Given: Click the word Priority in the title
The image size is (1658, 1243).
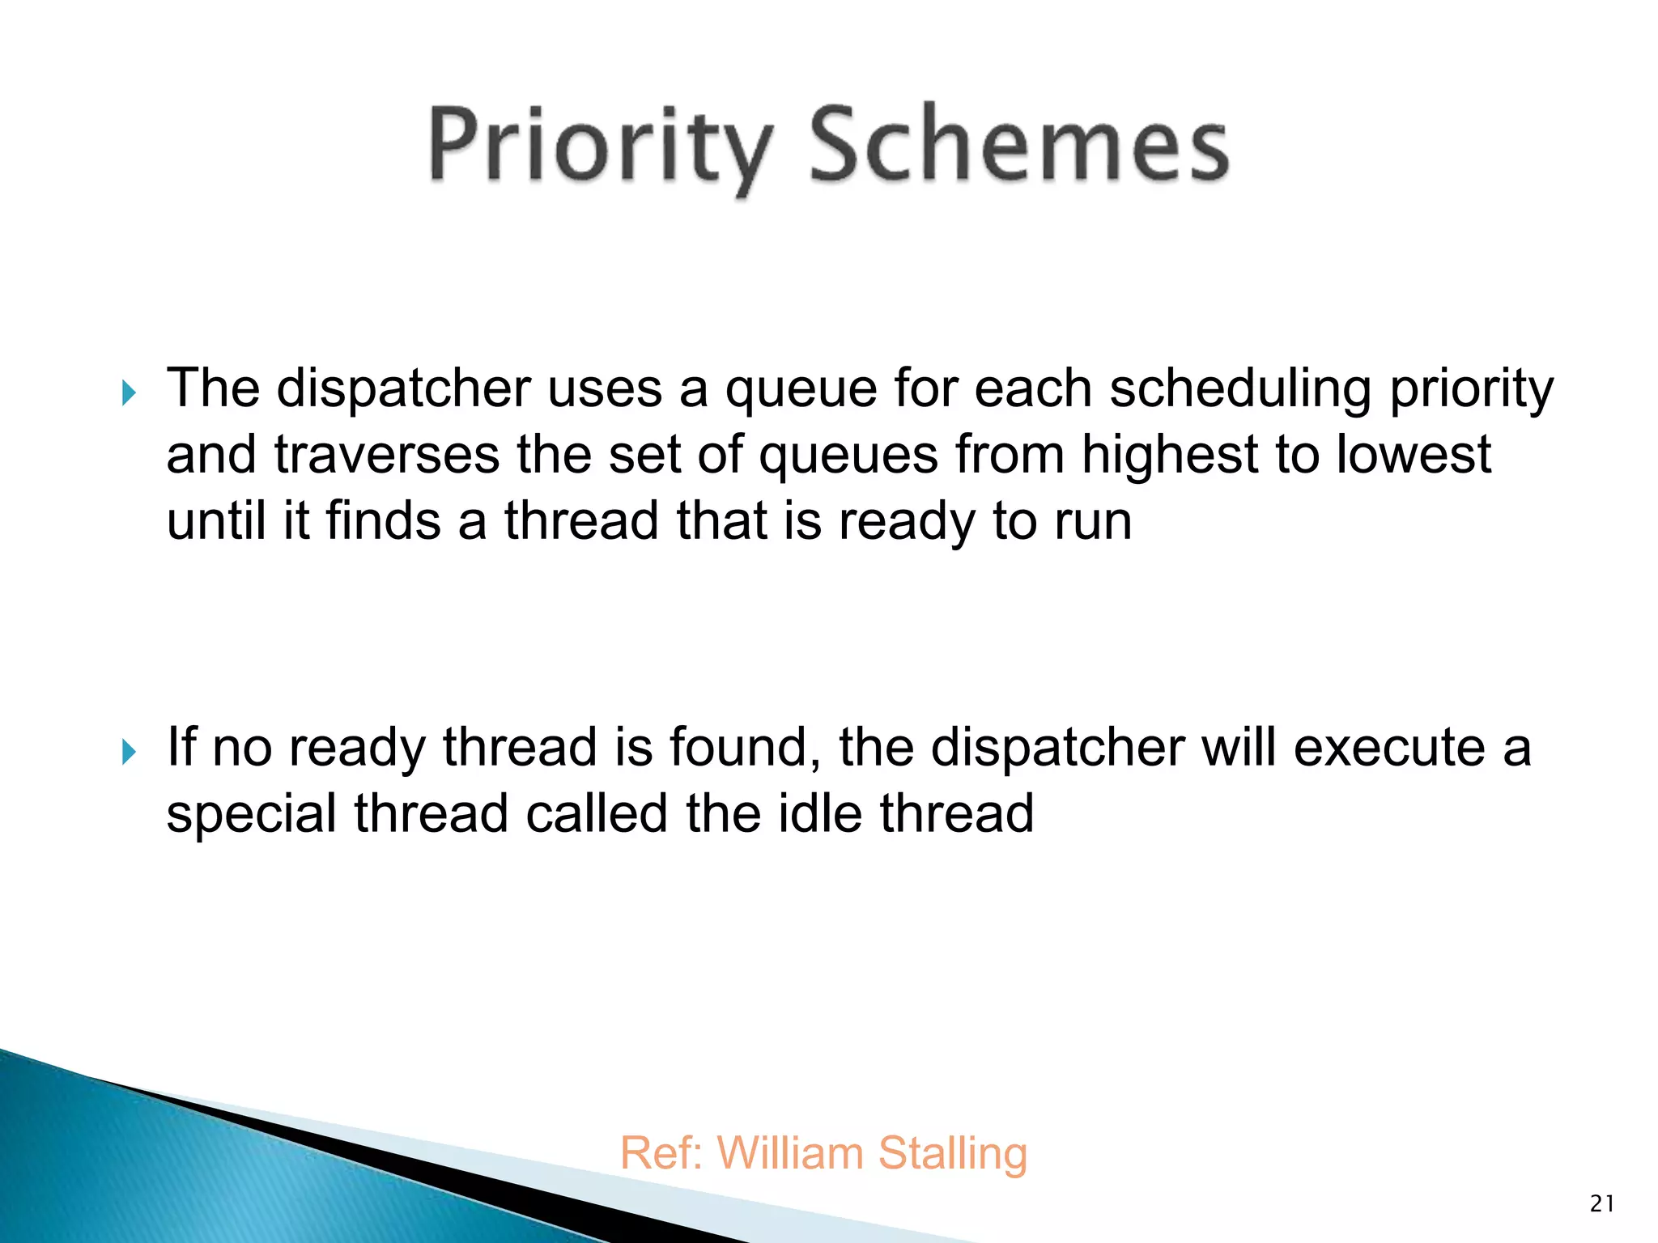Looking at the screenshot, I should [599, 146].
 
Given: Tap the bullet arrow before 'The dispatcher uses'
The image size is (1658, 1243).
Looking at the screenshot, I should [129, 394].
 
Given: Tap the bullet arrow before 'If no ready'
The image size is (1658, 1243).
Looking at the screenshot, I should [129, 753].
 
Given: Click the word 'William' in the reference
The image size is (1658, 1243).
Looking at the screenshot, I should [789, 1152].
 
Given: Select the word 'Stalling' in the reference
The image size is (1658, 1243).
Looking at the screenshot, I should [953, 1154].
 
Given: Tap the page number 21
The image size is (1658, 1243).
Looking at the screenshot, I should [1602, 1204].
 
